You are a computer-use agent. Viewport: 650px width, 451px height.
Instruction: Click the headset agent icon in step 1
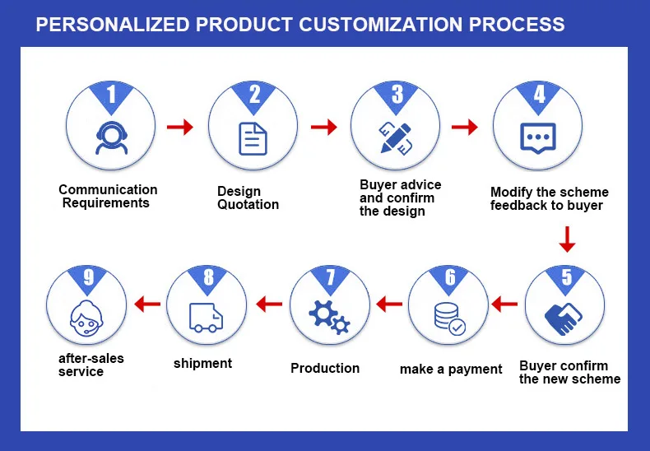coord(108,137)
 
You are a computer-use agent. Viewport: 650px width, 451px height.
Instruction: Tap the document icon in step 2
coord(253,138)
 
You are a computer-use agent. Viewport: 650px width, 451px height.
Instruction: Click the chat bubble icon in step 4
coord(539,138)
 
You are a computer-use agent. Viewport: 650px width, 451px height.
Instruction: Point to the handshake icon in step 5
coord(565,317)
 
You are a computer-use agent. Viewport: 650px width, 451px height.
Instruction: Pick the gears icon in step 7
coord(329,317)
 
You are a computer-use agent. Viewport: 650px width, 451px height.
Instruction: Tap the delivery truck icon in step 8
coord(206,316)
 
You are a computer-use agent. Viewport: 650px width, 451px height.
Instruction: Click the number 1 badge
coord(111,94)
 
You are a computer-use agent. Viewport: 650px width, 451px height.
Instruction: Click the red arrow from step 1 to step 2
coord(179,127)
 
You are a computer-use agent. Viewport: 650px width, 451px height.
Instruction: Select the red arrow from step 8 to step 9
coord(146,305)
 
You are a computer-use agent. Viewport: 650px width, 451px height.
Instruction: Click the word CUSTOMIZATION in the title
coord(380,24)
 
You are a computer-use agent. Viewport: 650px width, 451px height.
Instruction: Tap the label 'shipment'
coord(202,363)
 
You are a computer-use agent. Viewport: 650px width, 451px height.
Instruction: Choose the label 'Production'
coord(325,368)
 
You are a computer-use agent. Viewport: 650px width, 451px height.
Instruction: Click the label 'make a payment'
coord(451,369)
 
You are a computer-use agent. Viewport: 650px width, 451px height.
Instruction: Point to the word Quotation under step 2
coord(248,204)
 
